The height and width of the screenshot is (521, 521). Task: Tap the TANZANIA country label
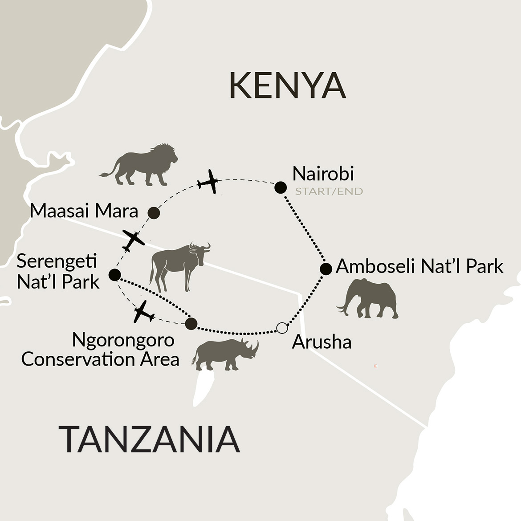click(149, 439)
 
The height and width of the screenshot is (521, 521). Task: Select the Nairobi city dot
click(281, 188)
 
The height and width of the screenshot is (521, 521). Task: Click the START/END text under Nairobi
click(329, 192)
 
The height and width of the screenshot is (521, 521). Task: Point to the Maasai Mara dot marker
click(154, 213)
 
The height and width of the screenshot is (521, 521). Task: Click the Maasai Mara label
click(84, 211)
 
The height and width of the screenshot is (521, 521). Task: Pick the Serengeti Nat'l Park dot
click(114, 275)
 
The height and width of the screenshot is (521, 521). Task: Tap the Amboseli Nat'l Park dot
click(326, 269)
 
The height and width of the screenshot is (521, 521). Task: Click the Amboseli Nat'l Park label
click(419, 266)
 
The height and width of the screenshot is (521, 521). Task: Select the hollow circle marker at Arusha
click(282, 328)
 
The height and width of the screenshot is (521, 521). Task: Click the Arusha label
click(322, 342)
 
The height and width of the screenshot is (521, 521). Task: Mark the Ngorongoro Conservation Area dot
click(191, 324)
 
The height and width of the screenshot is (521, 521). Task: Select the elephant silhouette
click(370, 298)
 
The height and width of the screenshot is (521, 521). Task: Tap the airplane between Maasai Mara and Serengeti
click(133, 240)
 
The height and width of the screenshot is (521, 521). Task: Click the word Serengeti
click(57, 261)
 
